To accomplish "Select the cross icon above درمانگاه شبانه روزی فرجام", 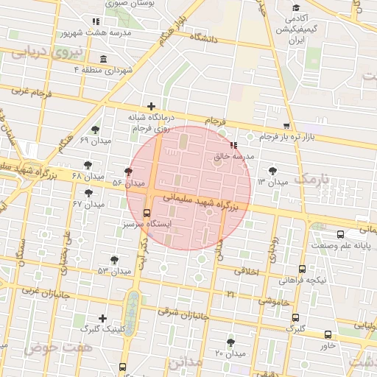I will click(151, 107).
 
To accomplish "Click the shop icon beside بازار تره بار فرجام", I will click(286, 127).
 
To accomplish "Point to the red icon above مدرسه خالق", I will click(233, 146).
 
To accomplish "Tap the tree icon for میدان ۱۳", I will click(273, 171).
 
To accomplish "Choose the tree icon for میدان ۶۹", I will click(95, 130).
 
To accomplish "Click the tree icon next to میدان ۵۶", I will click(129, 172).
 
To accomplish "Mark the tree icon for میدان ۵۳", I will click(113, 260).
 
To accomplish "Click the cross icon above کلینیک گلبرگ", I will click(102, 318).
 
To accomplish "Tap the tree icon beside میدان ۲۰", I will click(230, 342).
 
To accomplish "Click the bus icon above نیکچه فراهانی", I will click(302, 269).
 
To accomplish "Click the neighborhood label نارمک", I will click(309, 179).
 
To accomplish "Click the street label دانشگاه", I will click(205, 37).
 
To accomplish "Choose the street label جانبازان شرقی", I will click(183, 314).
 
